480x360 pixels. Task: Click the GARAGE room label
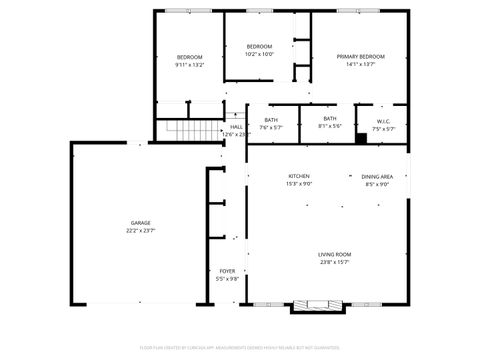tap(140, 222)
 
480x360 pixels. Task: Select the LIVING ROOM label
tap(334, 255)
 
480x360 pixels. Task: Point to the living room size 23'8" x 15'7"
tap(334, 262)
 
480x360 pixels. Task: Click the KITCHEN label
tap(299, 177)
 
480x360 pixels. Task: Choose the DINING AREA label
tap(377, 177)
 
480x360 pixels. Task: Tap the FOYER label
tap(227, 271)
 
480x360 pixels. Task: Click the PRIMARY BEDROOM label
tap(360, 57)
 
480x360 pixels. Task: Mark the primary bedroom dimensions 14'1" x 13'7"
tap(360, 64)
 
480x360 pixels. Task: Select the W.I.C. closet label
tap(384, 121)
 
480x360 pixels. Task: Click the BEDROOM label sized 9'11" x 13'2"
tap(190, 57)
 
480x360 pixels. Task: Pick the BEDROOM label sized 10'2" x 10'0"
tap(260, 47)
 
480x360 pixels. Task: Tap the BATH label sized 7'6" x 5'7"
tap(271, 120)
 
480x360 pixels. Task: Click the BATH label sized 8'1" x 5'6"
tap(330, 119)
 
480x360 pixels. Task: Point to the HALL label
tap(237, 127)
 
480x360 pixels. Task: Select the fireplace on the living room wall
tap(319, 304)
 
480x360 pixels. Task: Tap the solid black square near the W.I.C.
tap(362, 138)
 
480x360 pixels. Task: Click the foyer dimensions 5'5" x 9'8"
tap(227, 278)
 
